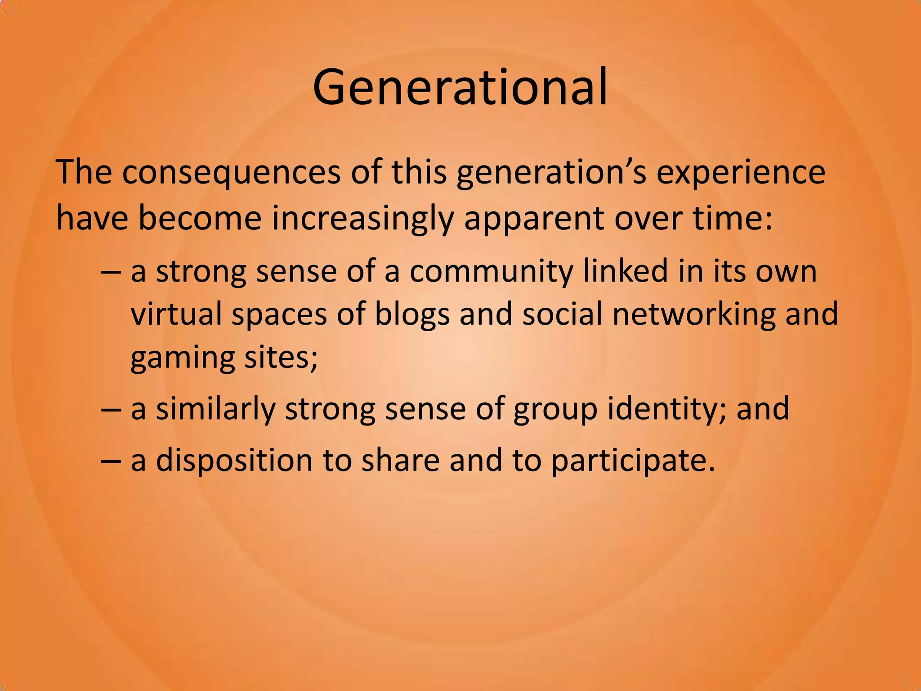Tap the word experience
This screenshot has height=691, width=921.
coord(741,173)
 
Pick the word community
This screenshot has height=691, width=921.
coord(491,272)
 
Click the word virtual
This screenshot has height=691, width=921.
coord(176,314)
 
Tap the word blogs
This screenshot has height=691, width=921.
coord(411,314)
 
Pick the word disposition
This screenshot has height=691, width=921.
coord(234,461)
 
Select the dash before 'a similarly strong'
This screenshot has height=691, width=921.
coord(111,410)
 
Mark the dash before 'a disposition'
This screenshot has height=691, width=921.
coord(111,462)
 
